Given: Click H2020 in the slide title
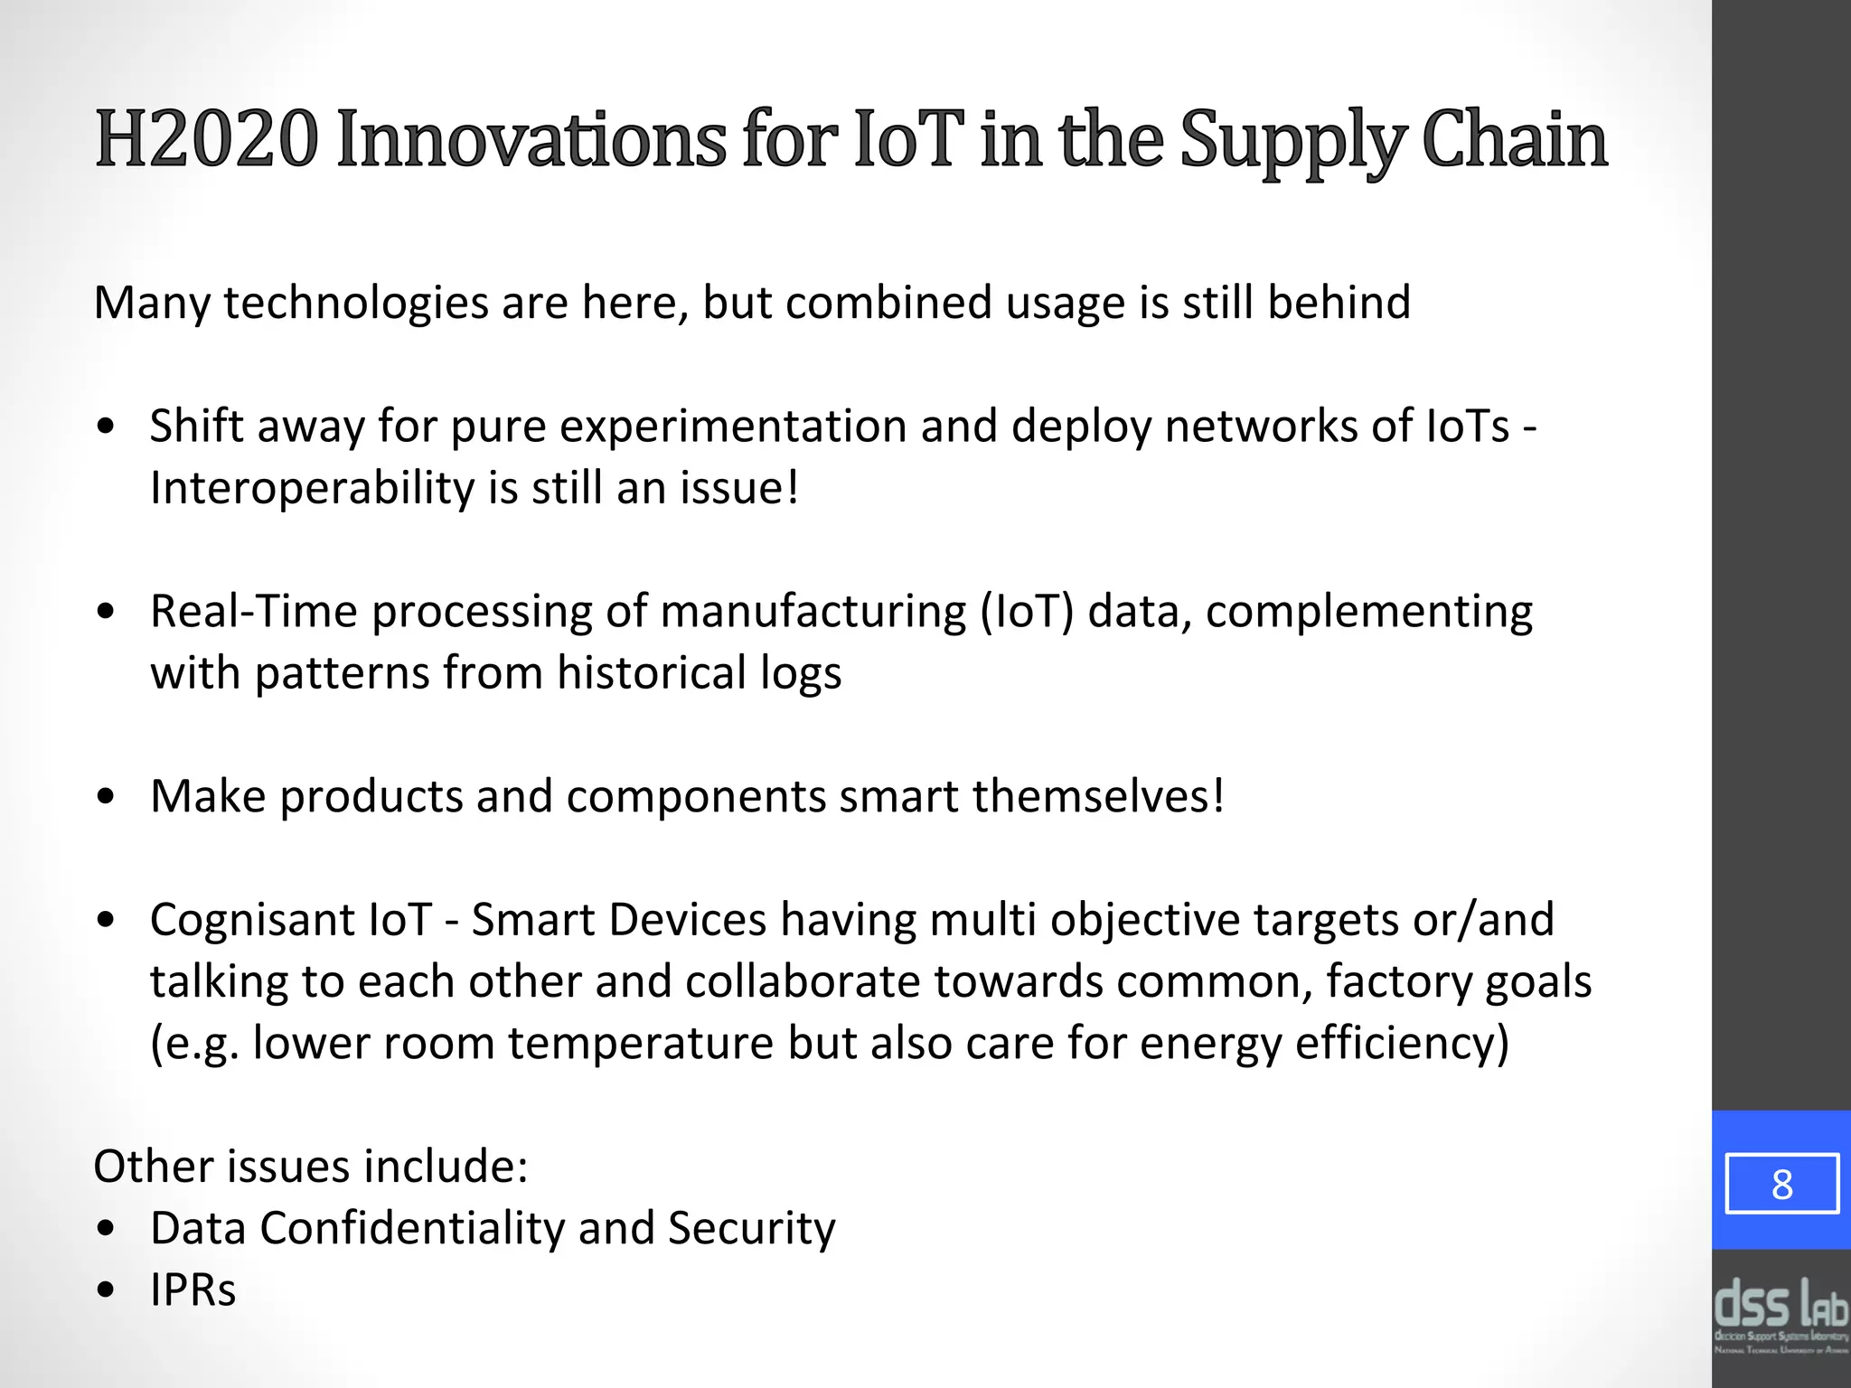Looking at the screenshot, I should (206, 140).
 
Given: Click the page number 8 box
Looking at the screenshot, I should (1781, 1184).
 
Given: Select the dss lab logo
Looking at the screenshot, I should (1781, 1315).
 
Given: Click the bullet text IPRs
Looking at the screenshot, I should (193, 1290).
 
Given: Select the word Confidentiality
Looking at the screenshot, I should (411, 1228).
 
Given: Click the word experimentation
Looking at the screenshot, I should (733, 427).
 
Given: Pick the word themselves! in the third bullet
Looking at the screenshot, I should (1098, 796).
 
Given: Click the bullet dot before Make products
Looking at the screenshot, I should (107, 797).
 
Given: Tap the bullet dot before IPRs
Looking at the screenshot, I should (107, 1290).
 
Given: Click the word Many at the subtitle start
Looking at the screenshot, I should (151, 304).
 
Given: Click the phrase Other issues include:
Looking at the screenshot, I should (311, 1166).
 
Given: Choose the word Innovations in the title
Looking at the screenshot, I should (531, 140).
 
